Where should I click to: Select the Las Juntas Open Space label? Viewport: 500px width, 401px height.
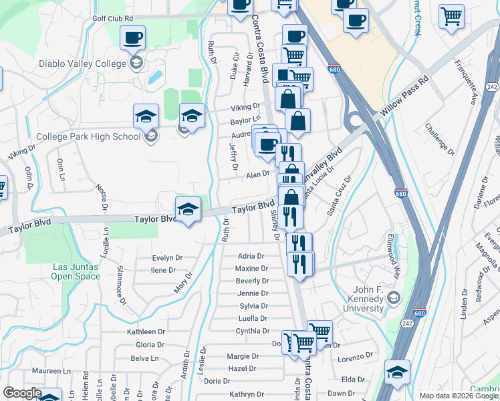tap(76, 271)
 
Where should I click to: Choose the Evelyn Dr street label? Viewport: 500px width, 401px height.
tap(167, 258)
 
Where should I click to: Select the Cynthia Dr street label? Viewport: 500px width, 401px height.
tap(251, 331)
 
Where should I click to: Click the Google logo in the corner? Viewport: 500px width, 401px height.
tap(21, 393)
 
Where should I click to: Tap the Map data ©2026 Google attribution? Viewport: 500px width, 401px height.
tap(458, 396)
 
